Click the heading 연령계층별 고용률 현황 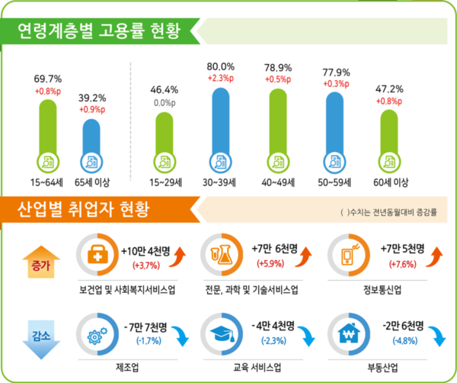[99, 33]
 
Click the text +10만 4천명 [146, 249]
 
